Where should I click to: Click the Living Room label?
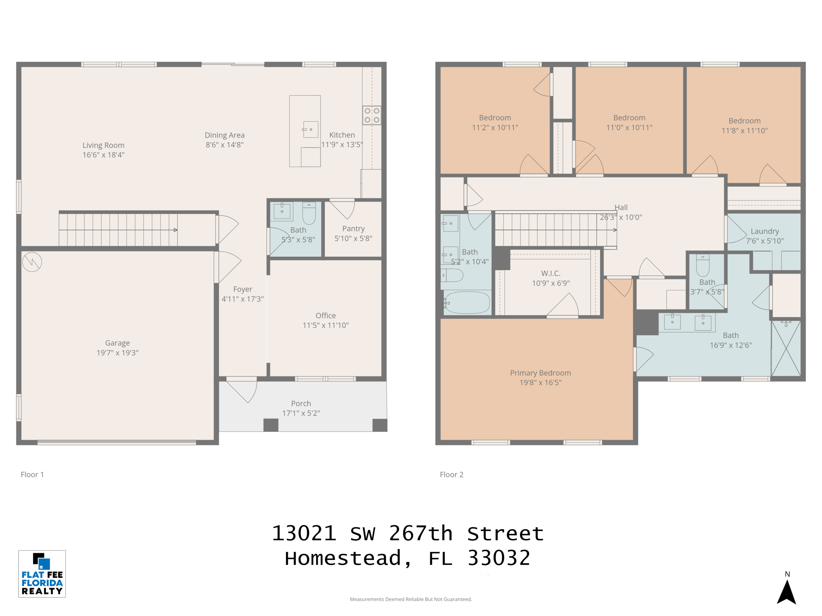coord(103,145)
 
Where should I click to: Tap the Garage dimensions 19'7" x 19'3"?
coord(118,353)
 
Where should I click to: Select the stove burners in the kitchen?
coord(372,115)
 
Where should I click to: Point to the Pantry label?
coord(354,229)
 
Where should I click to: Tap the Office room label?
coord(326,316)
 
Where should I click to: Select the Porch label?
coord(301,403)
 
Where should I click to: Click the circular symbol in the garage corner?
coord(32,262)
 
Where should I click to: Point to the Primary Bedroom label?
coord(540,373)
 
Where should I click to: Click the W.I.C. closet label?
coord(551,273)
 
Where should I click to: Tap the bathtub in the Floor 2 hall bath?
coord(467,302)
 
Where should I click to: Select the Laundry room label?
coord(765,231)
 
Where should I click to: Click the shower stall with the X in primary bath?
coord(786,348)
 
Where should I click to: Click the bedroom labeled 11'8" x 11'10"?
coord(744,125)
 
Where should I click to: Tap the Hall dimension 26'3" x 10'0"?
coord(621,217)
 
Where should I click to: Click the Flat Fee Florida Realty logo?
coord(42,574)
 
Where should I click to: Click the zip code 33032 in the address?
coord(498,558)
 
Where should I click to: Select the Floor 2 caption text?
coord(451,475)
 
